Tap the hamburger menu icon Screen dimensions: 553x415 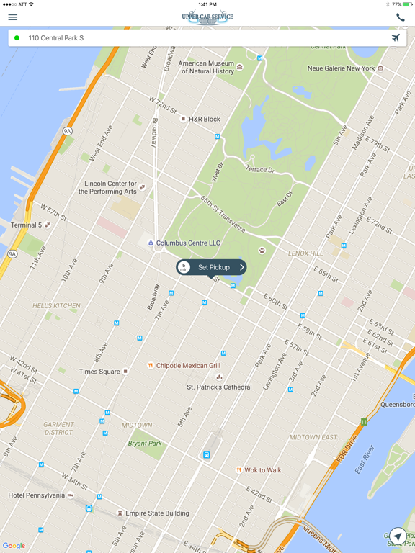tap(12, 17)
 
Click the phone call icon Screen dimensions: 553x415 tap(400, 17)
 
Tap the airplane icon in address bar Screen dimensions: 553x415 tap(396, 37)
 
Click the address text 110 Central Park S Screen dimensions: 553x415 tap(56, 37)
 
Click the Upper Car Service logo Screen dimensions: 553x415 tap(207, 17)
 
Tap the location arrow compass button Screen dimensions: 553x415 tap(397, 536)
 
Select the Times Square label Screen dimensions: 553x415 tap(99, 372)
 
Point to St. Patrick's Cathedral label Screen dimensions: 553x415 tap(219, 387)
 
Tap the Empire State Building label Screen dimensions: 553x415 tap(157, 513)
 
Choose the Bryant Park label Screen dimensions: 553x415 tap(145, 444)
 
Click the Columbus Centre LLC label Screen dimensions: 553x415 tap(188, 243)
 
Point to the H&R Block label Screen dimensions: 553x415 tap(204, 119)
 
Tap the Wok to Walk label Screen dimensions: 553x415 tap(262, 470)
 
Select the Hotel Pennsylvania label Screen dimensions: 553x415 tap(37, 495)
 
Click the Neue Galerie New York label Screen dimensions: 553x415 tap(342, 68)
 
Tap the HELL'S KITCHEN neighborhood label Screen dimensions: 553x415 tap(56, 305)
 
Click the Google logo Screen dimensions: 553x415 tap(14, 546)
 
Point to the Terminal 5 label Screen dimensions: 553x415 tap(26, 225)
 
